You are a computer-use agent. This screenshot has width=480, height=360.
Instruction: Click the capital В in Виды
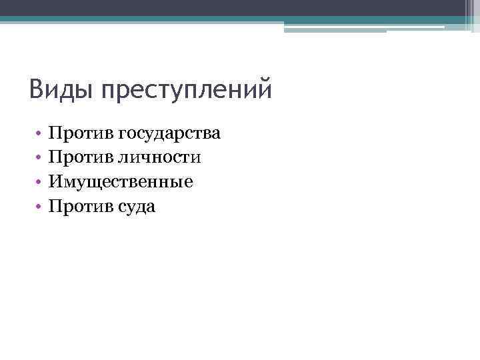[x=37, y=88]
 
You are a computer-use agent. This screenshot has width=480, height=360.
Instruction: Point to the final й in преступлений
[x=265, y=89]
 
